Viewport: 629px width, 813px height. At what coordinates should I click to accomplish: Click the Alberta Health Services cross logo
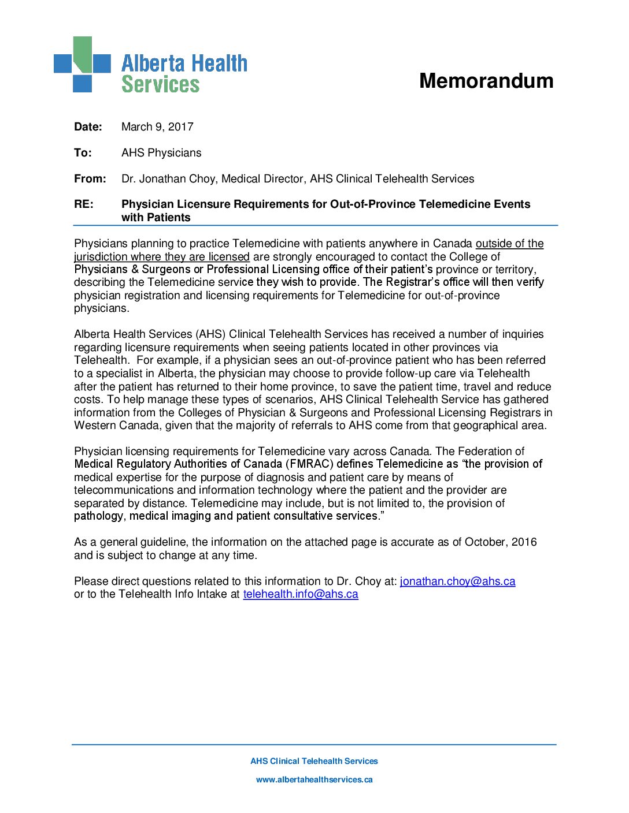82,64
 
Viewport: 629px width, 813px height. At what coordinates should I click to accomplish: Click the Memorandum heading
486,81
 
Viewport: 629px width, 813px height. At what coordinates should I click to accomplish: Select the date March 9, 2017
157,127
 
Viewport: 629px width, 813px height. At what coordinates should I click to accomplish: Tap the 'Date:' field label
88,127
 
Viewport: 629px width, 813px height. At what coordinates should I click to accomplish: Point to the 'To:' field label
83,153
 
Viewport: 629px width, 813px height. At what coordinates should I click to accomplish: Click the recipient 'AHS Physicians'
161,153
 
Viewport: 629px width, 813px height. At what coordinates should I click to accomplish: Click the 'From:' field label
90,179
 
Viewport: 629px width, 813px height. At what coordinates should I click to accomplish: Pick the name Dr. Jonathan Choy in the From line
168,179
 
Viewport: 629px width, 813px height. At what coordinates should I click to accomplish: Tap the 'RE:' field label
83,204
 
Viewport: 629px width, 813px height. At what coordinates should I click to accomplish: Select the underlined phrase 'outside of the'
509,244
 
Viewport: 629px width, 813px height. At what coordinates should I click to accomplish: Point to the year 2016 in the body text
524,542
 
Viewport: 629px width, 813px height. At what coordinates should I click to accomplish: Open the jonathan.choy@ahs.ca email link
457,581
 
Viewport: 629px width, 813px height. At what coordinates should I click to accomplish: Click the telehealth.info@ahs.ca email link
301,594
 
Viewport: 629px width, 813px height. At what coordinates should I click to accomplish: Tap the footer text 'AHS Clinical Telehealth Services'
314,761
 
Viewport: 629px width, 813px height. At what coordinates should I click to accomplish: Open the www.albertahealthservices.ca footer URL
314,780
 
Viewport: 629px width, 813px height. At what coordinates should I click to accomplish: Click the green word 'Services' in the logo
160,84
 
